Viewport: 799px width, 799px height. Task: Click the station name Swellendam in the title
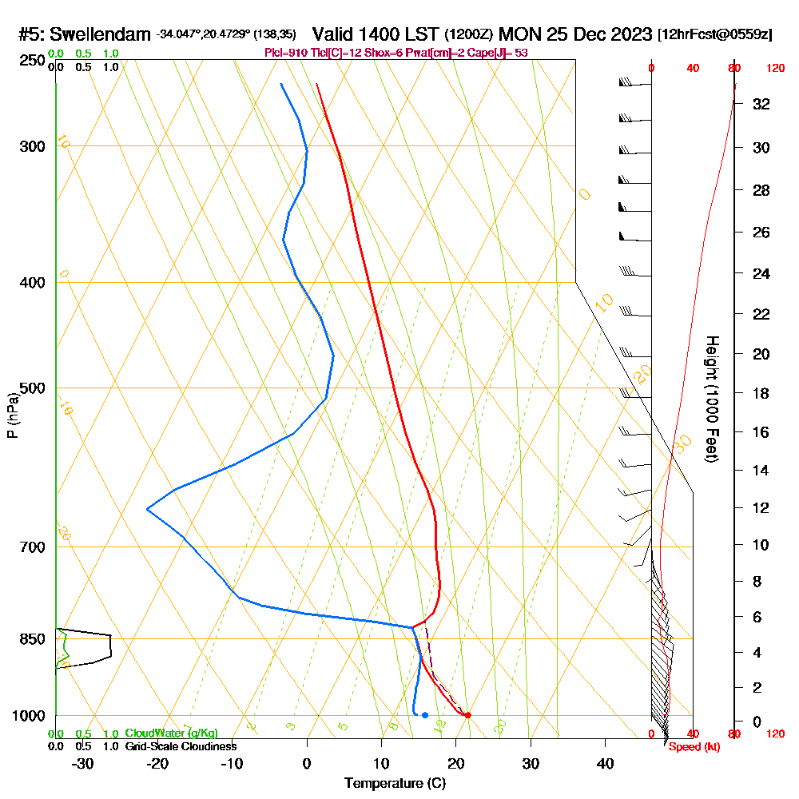(x=99, y=34)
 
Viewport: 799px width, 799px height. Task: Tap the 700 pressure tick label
(x=32, y=547)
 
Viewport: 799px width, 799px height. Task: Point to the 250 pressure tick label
(x=32, y=61)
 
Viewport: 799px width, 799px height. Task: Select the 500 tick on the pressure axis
(x=32, y=388)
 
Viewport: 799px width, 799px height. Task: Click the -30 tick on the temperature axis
(x=83, y=763)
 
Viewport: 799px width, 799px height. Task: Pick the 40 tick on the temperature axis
(x=606, y=763)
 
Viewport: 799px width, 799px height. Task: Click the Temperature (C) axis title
(x=395, y=783)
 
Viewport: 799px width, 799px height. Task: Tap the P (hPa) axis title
(x=12, y=415)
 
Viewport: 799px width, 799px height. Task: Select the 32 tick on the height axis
(x=761, y=104)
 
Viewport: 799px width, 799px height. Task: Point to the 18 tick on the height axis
(x=761, y=393)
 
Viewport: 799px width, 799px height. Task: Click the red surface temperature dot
(x=467, y=715)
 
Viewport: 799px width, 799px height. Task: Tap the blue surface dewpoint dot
(x=425, y=715)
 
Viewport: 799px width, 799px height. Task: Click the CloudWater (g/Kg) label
(x=171, y=733)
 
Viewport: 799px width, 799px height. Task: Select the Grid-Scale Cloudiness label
(x=181, y=746)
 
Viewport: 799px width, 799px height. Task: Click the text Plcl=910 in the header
(x=285, y=52)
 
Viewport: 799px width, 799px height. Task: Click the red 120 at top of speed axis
(x=774, y=69)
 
